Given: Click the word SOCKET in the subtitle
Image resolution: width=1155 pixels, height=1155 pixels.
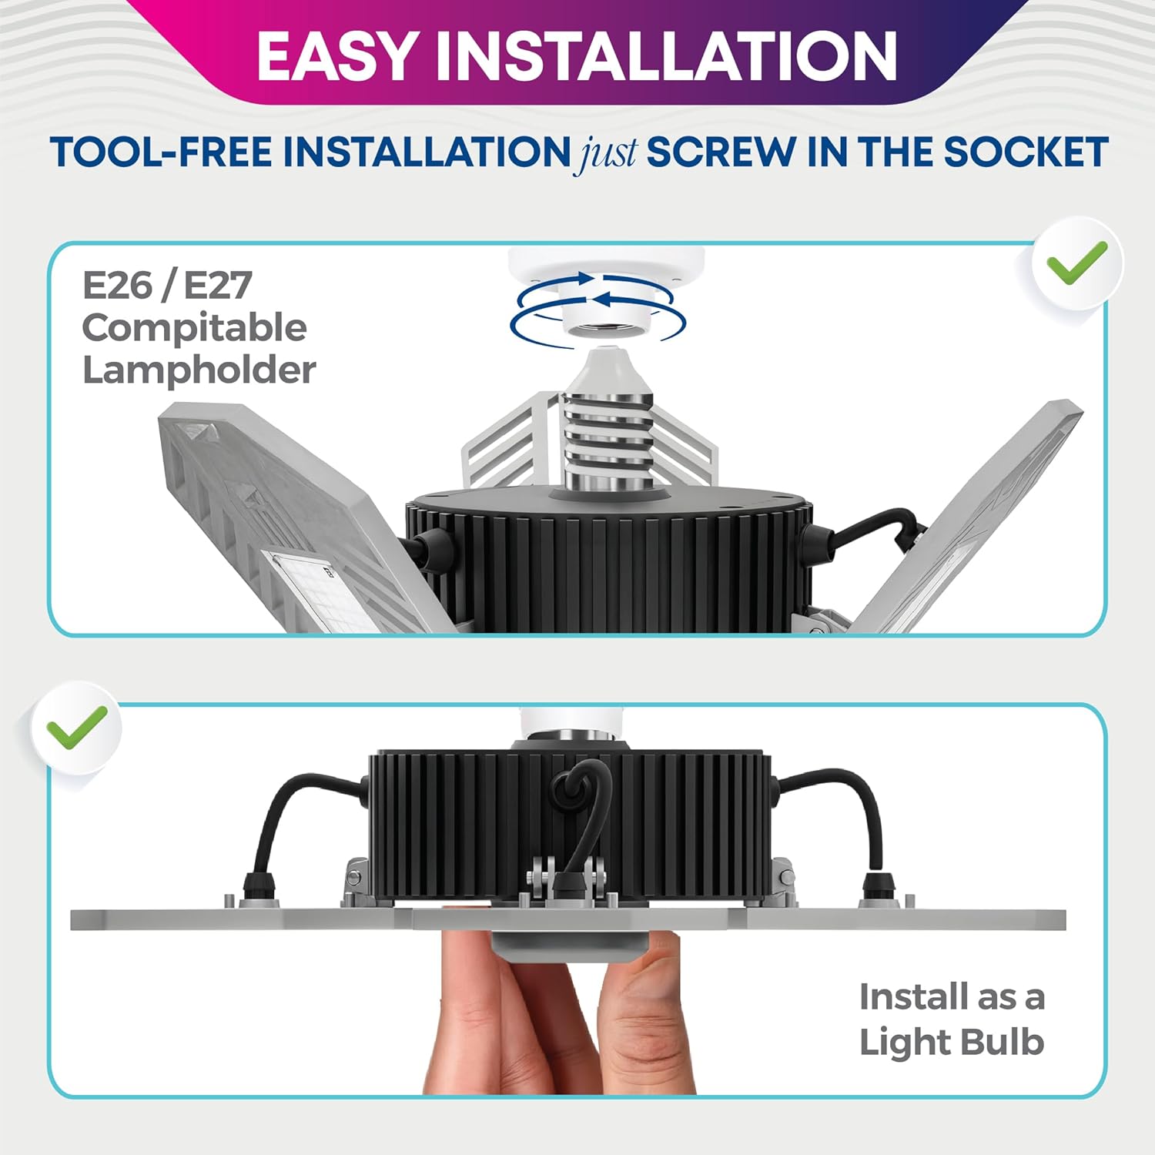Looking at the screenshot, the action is coord(1026,152).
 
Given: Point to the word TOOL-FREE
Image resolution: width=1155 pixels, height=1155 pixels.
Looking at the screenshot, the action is coord(161,152).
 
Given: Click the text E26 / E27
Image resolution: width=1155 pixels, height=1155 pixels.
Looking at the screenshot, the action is coord(167,286).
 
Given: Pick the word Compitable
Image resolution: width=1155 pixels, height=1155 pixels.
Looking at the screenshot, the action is coord(195,329).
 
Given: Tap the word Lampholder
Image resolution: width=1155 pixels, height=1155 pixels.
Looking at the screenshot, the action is coord(199,370).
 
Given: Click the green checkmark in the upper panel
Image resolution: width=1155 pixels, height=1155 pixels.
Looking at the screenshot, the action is coord(1076,262).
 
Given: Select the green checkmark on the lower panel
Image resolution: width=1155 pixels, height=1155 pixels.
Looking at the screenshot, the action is coord(76,727).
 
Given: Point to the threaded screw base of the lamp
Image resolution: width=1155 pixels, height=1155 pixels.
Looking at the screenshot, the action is coord(608,439).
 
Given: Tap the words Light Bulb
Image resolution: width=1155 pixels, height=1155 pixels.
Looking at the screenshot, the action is coord(952,1043).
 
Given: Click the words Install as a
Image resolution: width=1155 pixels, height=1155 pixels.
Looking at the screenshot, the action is coord(952,997).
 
